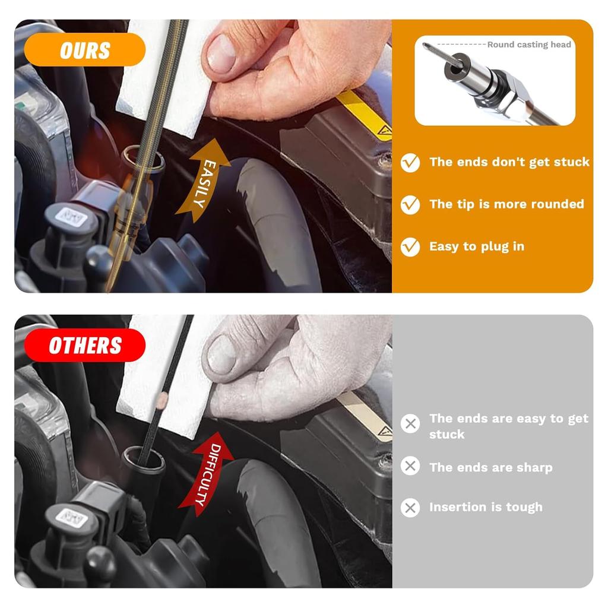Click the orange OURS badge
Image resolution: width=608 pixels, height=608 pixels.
click(85, 50)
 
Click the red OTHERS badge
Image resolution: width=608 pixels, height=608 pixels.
click(85, 345)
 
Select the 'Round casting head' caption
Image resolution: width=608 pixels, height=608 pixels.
click(528, 45)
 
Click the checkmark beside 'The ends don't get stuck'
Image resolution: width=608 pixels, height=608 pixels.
click(410, 162)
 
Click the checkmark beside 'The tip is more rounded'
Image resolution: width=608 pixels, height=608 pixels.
click(410, 204)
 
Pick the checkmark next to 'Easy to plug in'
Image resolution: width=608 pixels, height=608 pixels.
click(410, 246)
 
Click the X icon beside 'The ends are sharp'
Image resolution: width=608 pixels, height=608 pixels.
click(410, 467)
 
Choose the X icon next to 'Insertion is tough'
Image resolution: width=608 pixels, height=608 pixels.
click(410, 507)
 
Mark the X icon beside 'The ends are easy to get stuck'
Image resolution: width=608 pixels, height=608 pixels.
click(410, 424)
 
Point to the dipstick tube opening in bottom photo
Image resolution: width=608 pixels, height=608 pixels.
click(142, 458)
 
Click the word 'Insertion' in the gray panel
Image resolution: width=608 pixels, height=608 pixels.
click(456, 507)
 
